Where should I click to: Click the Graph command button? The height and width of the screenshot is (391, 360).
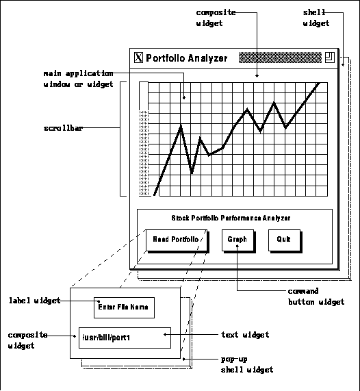tap(238, 240)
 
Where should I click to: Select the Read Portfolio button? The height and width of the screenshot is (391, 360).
tap(177, 240)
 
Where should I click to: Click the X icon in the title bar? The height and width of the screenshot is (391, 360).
tap(138, 58)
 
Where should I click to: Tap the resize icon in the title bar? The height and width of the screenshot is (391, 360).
tap(330, 58)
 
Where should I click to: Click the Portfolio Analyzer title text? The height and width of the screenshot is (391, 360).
tap(186, 58)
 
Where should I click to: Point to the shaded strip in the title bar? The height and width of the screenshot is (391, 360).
tap(280, 58)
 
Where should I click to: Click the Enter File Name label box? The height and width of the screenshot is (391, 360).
tap(124, 307)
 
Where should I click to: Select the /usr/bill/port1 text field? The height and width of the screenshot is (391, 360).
tap(125, 338)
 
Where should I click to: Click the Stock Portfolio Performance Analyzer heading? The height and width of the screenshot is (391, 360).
tap(231, 218)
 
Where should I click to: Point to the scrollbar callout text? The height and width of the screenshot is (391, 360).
tap(63, 128)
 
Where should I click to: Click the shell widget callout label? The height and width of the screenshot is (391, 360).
tap(316, 18)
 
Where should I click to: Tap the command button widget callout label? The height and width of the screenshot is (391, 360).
tap(316, 297)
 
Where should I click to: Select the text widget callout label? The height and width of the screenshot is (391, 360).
tap(245, 335)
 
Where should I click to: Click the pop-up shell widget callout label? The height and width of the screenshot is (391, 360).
tap(247, 364)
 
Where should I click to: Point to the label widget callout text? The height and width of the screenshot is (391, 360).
tap(35, 301)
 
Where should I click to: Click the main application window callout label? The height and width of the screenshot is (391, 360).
tap(78, 79)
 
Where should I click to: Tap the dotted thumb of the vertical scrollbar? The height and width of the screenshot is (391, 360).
tap(144, 153)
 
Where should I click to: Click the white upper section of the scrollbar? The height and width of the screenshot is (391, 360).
tap(144, 96)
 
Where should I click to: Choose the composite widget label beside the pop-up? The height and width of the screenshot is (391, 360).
tap(27, 340)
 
